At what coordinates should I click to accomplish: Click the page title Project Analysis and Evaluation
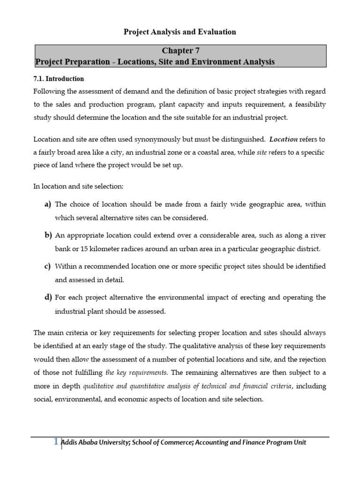(x=180, y=32)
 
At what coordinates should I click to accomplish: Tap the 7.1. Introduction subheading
(x=59, y=79)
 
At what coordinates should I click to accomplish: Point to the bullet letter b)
(x=48, y=235)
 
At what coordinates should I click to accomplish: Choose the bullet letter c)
(x=48, y=266)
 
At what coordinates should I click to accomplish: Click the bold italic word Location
(x=284, y=139)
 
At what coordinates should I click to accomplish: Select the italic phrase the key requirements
(x=136, y=373)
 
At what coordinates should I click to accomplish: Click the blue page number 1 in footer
(x=56, y=441)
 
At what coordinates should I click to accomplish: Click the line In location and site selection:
(x=78, y=186)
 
